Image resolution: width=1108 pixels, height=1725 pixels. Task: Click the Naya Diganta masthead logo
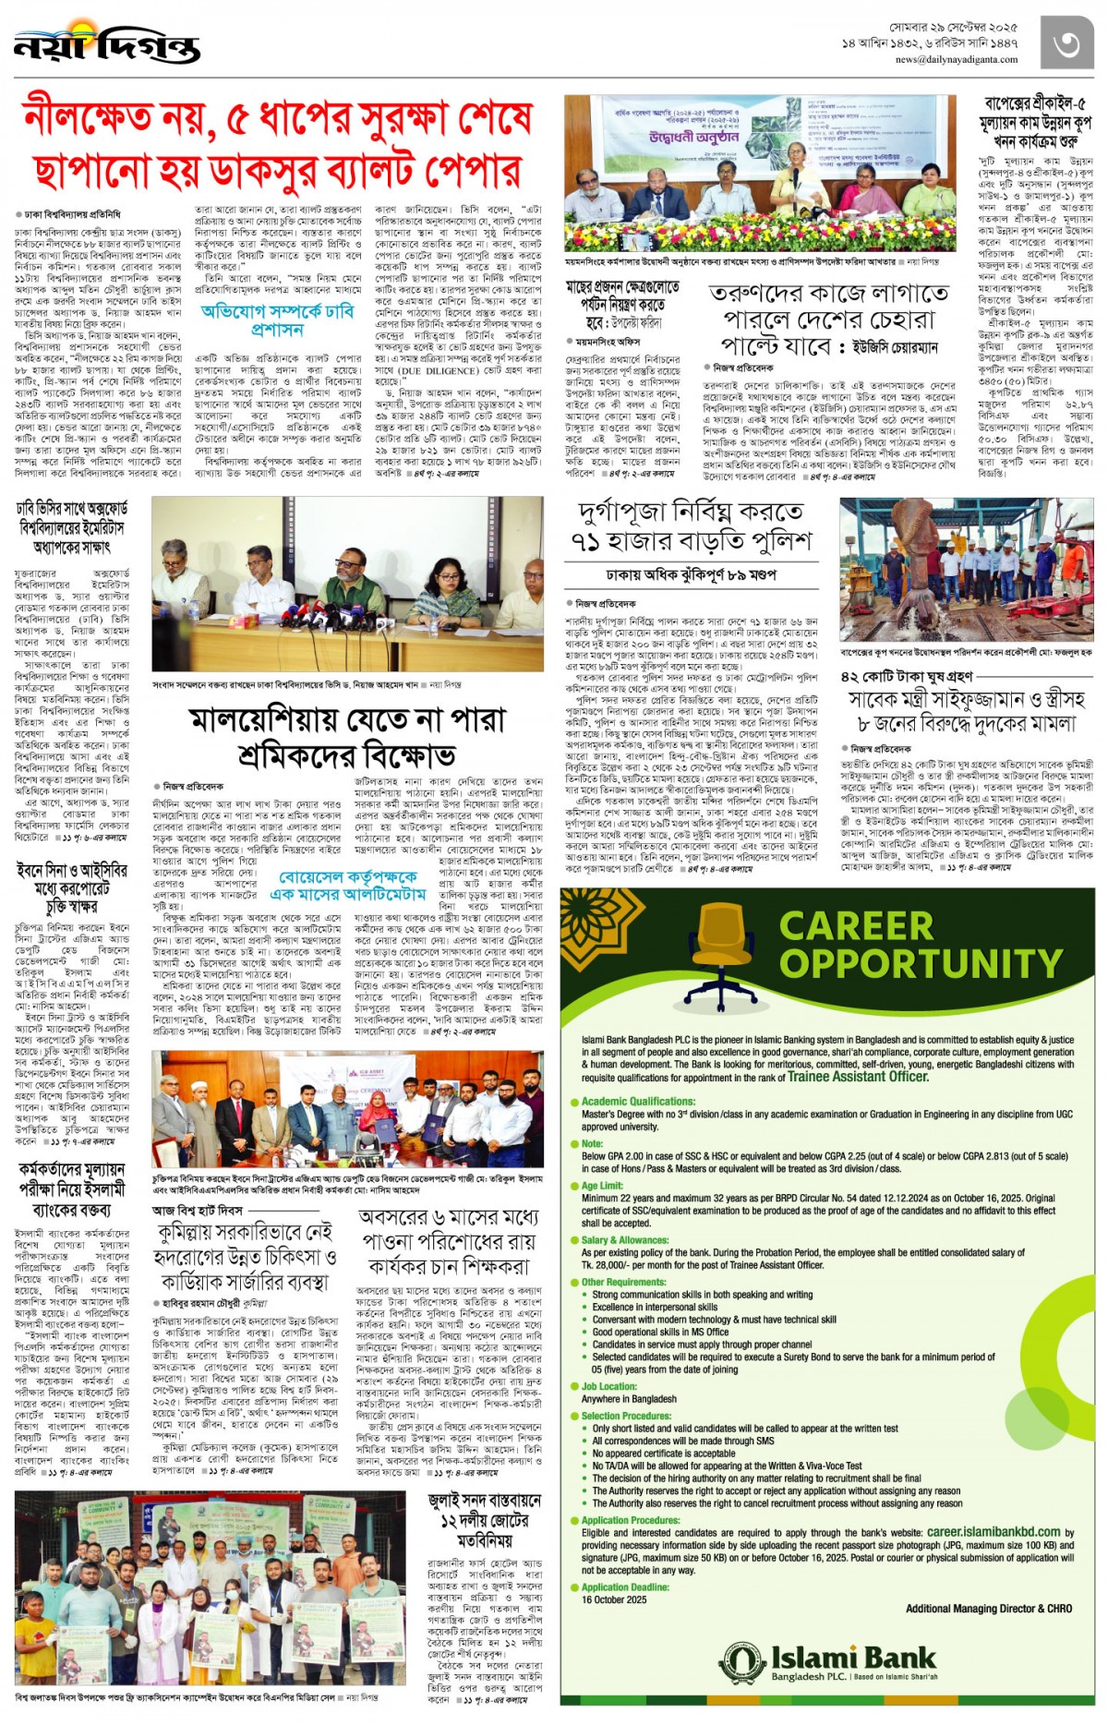(107, 45)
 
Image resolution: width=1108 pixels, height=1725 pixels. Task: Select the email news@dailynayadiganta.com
(956, 59)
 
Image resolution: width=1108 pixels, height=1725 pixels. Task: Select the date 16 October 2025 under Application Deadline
(614, 1599)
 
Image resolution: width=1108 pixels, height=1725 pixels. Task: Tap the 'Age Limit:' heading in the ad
(602, 1185)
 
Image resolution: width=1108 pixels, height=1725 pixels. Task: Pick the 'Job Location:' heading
(608, 1386)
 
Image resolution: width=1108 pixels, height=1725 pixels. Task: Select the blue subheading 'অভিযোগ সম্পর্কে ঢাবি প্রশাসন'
(277, 320)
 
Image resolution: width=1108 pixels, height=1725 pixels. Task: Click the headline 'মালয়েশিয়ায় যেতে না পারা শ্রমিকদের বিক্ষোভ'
(347, 737)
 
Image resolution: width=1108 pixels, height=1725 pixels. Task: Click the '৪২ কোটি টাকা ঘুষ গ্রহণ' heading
(907, 677)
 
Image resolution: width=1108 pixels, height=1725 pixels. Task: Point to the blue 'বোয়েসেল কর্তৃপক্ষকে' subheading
(349, 876)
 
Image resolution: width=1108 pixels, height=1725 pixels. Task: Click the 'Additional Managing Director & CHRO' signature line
(988, 1608)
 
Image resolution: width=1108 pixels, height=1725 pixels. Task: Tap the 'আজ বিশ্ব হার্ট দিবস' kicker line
(198, 1210)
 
